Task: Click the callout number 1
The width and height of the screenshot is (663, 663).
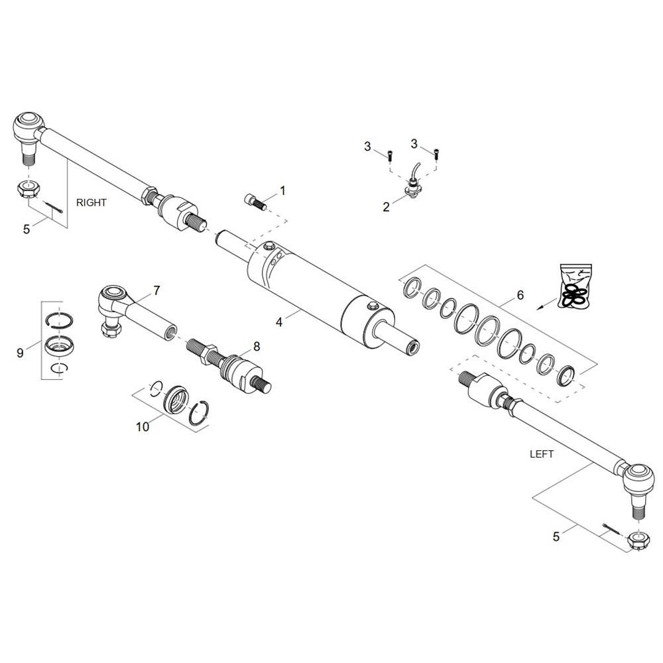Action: [282, 191]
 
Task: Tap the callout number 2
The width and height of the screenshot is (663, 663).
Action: [386, 207]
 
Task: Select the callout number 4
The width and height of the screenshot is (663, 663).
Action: [280, 322]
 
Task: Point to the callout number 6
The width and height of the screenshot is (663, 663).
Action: [520, 295]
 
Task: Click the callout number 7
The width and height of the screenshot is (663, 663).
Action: [156, 290]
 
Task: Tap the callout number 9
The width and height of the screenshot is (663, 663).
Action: [20, 353]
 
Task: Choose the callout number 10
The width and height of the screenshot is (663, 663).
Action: [143, 426]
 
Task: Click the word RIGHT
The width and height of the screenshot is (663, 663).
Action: [91, 203]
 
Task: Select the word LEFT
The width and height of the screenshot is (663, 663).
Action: [542, 454]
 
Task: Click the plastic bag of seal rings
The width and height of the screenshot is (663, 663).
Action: [575, 286]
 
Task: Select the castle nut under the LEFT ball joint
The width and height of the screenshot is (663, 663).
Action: [637, 540]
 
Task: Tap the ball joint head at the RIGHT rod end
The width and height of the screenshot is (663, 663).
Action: [27, 125]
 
